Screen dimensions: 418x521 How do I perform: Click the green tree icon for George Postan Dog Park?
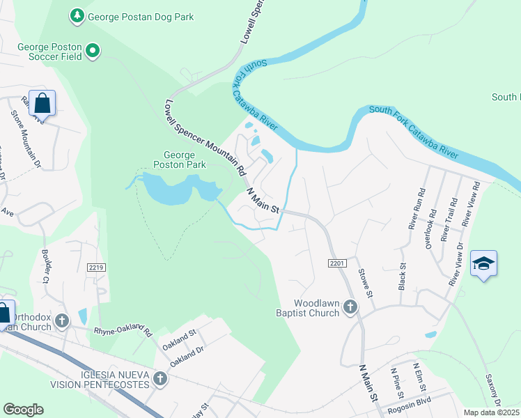[x=77, y=15]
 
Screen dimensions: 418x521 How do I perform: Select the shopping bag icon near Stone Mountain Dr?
[x=42, y=104]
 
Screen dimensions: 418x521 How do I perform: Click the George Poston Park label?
[x=185, y=160]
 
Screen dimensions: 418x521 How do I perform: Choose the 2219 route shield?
[x=96, y=267]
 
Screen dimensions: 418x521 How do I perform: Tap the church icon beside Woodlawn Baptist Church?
[x=350, y=307]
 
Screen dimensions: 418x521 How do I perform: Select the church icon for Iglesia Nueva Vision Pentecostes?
[x=160, y=379]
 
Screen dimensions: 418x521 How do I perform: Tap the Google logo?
[x=24, y=410]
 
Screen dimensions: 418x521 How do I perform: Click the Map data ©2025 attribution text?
[x=491, y=412]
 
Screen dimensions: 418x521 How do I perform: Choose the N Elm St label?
[x=419, y=376]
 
